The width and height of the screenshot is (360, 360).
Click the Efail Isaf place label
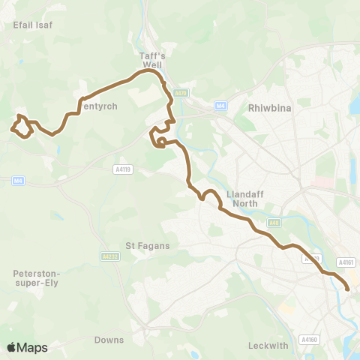32,25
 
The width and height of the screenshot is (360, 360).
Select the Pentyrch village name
99,106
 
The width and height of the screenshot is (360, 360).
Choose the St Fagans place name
148,245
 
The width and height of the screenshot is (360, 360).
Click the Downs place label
109,340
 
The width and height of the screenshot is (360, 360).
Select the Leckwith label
267,346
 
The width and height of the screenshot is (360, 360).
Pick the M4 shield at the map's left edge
17,180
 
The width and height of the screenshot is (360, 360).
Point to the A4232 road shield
109,256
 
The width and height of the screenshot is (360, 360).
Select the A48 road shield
274,221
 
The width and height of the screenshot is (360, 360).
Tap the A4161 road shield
345,262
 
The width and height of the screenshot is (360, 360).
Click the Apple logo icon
11,347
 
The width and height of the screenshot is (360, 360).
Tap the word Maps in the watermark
32,347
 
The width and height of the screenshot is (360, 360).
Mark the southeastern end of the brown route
348,288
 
